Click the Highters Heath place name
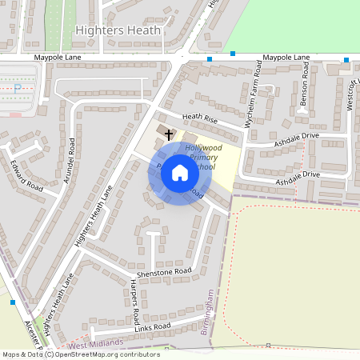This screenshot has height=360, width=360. point(118,30)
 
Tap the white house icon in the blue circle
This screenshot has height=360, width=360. point(180,172)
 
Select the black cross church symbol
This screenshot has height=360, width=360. point(169,134)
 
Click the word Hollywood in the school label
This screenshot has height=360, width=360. point(203,149)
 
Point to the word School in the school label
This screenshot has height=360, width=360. point(203,167)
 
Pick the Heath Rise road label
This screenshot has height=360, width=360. point(200,118)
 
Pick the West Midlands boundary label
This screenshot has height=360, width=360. point(96,343)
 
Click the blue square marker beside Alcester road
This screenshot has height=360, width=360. point(13,302)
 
